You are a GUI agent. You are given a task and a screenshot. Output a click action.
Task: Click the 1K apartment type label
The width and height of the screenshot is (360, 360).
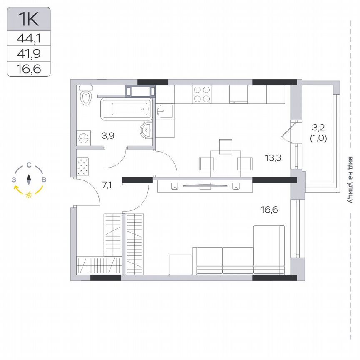(28, 19)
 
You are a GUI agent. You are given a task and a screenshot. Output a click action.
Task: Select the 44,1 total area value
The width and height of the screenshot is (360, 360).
(28, 39)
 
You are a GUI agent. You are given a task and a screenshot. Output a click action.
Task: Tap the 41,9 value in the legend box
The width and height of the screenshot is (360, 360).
(28, 53)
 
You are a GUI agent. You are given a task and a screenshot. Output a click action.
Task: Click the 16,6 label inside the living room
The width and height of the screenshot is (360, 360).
(270, 209)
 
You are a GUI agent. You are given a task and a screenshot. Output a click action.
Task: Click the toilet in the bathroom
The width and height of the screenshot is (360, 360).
(86, 97)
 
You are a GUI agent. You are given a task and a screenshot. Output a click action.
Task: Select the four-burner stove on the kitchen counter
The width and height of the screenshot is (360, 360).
(202, 94)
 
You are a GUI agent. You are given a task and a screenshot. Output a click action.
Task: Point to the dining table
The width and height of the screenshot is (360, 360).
(225, 160)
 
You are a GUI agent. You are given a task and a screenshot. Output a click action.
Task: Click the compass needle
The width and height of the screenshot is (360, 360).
(29, 179)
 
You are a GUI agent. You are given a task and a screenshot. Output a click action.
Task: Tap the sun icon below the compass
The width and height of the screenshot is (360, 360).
(29, 195)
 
